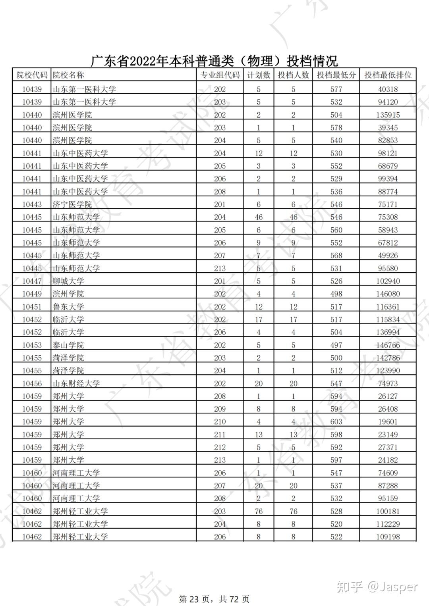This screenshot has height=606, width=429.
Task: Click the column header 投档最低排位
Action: (388, 75)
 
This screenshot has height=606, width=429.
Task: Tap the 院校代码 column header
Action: (32, 75)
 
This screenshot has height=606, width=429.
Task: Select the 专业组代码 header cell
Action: (220, 75)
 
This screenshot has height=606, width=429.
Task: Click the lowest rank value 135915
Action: (388, 115)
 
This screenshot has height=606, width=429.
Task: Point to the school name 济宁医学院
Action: (72, 204)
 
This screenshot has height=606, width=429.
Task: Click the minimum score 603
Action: (336, 422)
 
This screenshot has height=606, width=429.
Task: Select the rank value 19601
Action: (388, 422)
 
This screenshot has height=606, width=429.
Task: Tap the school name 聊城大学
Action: (68, 281)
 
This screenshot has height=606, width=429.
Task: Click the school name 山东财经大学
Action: (76, 383)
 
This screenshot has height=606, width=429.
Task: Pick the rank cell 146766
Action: (388, 345)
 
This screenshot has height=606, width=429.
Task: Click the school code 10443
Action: (32, 204)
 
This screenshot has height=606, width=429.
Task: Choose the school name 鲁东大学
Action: (68, 307)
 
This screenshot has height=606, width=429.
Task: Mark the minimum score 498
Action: (336, 294)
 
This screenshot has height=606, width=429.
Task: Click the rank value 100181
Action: (388, 511)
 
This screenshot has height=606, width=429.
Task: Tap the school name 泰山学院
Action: (68, 345)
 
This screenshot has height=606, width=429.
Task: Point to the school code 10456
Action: (32, 383)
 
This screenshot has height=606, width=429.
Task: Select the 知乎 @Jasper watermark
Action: (377, 587)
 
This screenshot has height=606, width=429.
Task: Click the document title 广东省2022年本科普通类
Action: (214, 61)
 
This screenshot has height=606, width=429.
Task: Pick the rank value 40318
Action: (388, 89)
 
